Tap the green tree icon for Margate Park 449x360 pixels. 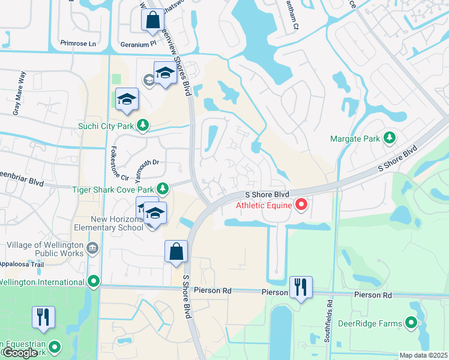point(390,139)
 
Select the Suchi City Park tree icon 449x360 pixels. point(143,125)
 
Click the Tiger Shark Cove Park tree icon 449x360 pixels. point(162,189)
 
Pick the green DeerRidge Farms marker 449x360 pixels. point(411,323)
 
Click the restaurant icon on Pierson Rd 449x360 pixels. point(300,287)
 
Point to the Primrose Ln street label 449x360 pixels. point(78,43)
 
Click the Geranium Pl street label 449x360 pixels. point(138,43)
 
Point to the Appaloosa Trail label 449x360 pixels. point(22,264)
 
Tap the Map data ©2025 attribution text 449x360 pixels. point(423,355)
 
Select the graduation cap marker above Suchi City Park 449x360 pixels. point(127,100)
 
